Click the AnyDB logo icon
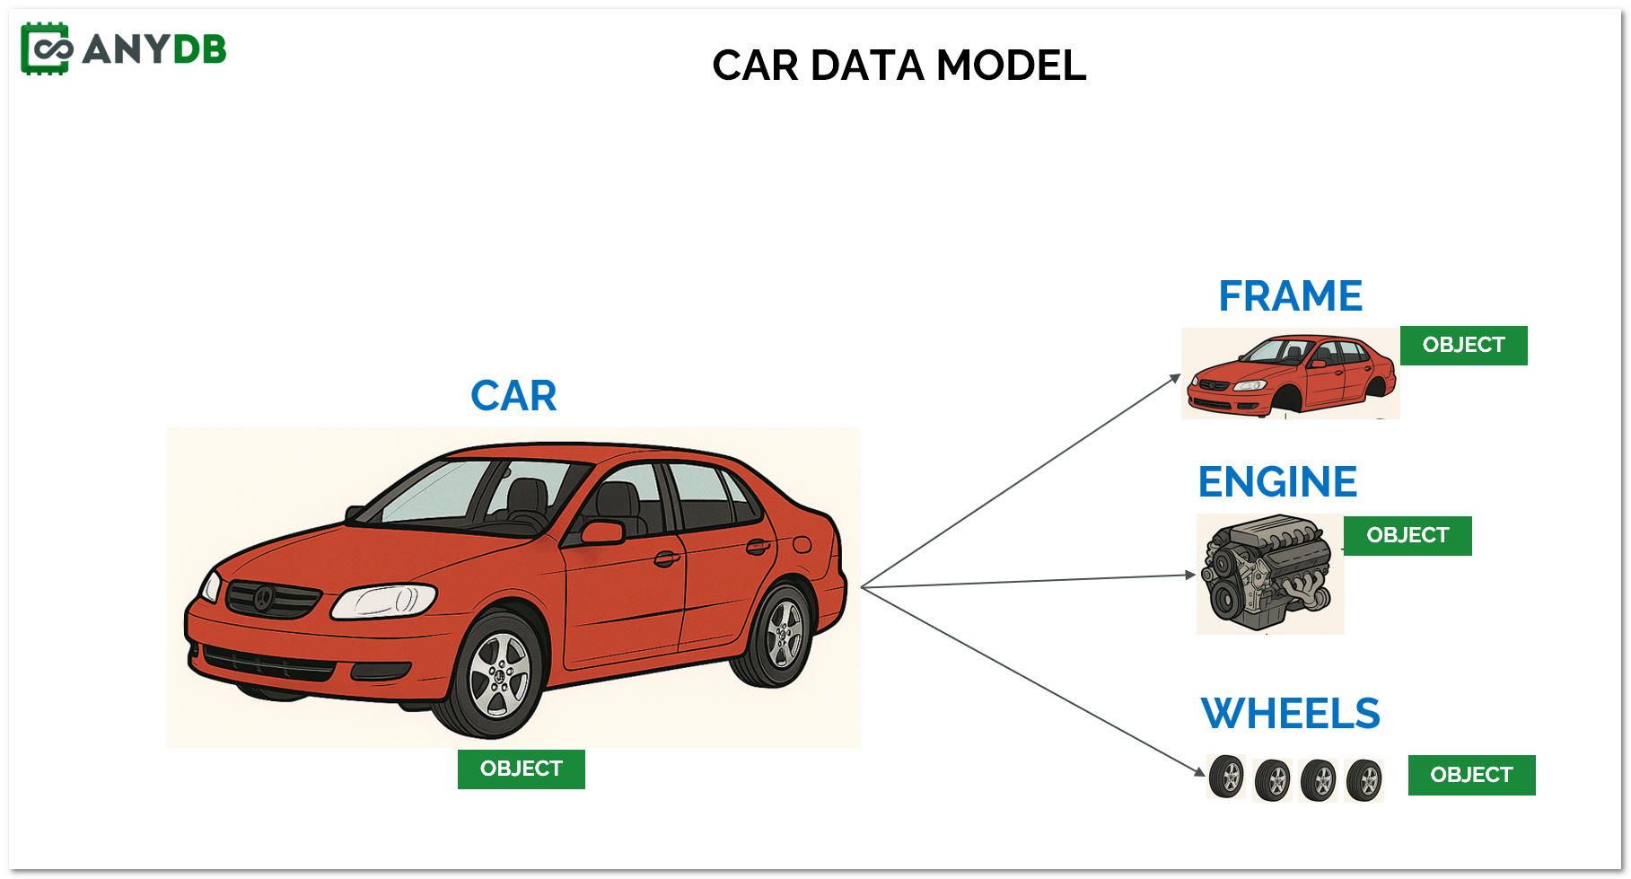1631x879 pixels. pos(46,48)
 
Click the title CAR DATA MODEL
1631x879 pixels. pos(899,66)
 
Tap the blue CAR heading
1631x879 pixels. pos(513,396)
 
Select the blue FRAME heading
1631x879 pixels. pos(1290,296)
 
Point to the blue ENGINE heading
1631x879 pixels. pos(1277,482)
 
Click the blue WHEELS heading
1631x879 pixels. pos(1290,715)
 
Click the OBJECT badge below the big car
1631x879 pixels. pos(521,769)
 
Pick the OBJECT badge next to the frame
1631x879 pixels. pos(1463,346)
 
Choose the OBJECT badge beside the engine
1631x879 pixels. pos(1407,536)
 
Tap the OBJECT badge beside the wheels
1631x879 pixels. pos(1471,775)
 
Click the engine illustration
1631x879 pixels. pos(1269,574)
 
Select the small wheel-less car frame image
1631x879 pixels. pos(1290,374)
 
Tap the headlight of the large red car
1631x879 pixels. pos(384,601)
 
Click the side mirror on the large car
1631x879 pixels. pos(602,532)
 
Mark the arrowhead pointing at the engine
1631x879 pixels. pos(1190,575)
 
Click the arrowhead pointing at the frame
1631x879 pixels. pos(1176,377)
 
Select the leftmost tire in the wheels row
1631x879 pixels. pos(1226,777)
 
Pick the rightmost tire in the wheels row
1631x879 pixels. pos(1364,779)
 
